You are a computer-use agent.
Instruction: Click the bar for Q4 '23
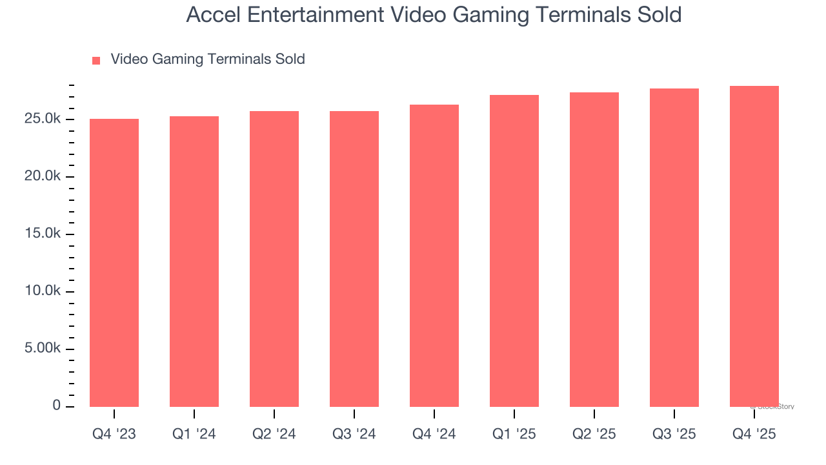point(114,263)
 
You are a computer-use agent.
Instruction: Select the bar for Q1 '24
point(194,262)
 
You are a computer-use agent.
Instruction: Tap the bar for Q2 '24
point(274,259)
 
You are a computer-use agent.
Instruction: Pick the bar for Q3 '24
point(354,259)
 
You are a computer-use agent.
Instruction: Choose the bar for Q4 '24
point(434,256)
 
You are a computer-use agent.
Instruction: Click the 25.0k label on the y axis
point(43,119)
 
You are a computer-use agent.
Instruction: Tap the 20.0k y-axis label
point(43,177)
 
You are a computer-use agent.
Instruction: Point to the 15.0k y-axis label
point(43,234)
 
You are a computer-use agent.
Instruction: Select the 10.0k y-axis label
point(43,292)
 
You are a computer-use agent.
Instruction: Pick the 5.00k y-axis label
point(43,349)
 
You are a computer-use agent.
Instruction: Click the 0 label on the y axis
point(57,406)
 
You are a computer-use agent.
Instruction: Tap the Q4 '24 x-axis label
point(434,434)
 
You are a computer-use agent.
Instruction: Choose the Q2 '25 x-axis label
point(594,434)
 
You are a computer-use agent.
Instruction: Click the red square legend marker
point(96,60)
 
